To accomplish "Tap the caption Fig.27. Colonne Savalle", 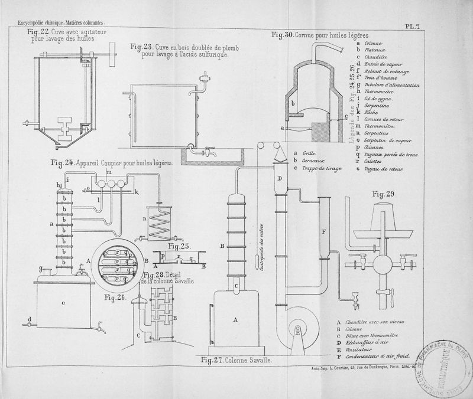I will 236,359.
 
